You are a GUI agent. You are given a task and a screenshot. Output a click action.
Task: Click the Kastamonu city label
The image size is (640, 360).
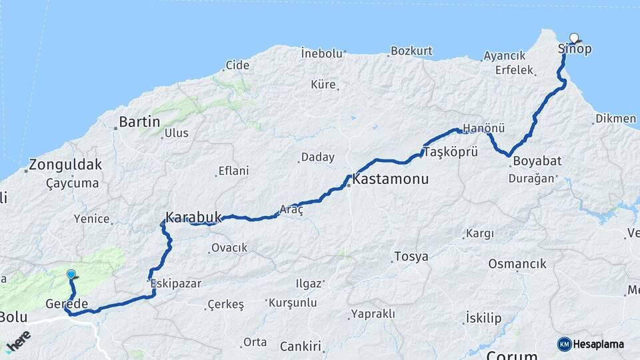(x=390, y=180)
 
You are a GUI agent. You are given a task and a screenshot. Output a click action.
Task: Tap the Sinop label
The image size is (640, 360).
(x=574, y=49)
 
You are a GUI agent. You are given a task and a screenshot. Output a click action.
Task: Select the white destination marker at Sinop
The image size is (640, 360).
(x=574, y=39)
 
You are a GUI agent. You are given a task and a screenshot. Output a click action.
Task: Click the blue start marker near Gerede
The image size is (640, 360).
(x=71, y=274)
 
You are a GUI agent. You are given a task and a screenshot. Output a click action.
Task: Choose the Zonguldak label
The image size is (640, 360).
(x=65, y=164)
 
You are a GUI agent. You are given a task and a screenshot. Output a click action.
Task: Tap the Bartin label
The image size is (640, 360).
(x=139, y=122)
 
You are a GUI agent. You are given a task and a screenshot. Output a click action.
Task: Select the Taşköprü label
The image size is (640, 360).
(x=451, y=151)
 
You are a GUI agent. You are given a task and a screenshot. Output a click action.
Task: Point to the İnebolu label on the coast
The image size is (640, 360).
(x=321, y=53)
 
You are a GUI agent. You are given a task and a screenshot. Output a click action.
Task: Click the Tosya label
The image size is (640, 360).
(x=411, y=257)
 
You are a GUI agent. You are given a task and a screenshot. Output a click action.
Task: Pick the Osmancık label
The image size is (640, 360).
(x=517, y=264)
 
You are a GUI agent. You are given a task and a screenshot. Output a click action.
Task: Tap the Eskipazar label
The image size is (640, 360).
(x=176, y=283)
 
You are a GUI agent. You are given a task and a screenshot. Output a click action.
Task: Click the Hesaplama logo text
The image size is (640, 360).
(x=599, y=344)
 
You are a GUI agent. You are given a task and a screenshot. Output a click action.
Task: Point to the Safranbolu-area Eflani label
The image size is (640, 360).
(x=233, y=171)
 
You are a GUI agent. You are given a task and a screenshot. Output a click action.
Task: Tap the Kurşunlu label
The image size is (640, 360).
(x=293, y=303)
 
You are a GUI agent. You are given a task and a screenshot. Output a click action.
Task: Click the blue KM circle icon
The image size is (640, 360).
(x=564, y=344)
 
